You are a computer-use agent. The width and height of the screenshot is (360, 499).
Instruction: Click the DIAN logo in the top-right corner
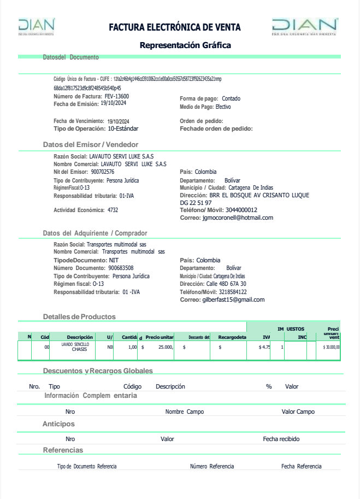tap(304, 26)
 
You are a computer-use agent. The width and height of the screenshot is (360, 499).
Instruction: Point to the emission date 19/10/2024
tap(114, 103)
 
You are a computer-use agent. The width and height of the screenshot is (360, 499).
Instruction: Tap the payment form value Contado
tap(231, 99)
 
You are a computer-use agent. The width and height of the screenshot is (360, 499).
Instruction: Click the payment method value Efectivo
tap(223, 107)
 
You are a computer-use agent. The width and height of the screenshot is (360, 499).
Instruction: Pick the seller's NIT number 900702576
tap(103, 172)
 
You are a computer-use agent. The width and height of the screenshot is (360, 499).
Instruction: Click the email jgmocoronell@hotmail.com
tap(238, 218)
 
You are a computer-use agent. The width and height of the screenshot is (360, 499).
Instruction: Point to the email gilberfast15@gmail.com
tap(233, 300)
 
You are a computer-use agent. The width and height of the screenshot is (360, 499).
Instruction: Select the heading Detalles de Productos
tap(79, 316)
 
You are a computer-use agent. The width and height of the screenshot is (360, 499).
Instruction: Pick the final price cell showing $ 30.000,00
tap(331, 347)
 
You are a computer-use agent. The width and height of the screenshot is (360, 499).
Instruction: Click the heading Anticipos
tap(58, 424)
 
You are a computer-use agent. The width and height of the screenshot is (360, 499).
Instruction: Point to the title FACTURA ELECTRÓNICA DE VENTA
tap(175, 27)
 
